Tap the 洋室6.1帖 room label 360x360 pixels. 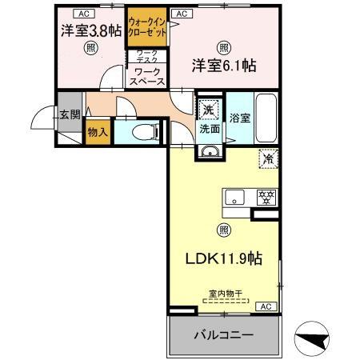(223, 65)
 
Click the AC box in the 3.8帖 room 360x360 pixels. (81, 13)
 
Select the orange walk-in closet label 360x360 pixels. (147, 30)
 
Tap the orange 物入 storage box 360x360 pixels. (98, 133)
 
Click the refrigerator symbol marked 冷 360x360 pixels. (266, 158)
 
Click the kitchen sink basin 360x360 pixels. (235, 198)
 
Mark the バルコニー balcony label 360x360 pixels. (224, 334)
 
